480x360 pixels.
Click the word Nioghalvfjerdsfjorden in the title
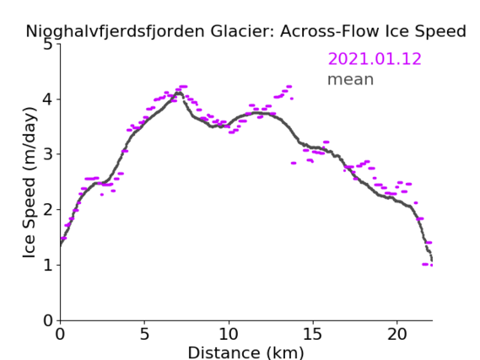[x=115, y=32]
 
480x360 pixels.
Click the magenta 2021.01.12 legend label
[x=375, y=59]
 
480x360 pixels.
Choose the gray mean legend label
[x=351, y=79]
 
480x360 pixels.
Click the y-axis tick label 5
[x=48, y=45]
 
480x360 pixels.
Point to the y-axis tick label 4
[x=48, y=99]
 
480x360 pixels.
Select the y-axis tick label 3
[x=48, y=154]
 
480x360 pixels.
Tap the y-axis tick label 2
[x=48, y=210]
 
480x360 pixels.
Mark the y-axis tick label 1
[x=48, y=265]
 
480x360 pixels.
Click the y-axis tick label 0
[x=48, y=320]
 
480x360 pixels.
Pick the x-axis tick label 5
[x=144, y=335]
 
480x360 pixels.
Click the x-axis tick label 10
[x=229, y=335]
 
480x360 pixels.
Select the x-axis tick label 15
[x=313, y=335]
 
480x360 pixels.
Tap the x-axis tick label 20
[x=396, y=335]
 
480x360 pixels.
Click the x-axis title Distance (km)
[x=245, y=352]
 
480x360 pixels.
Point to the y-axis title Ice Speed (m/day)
[x=30, y=183]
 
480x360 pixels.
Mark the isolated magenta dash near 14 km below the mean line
[x=294, y=163]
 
